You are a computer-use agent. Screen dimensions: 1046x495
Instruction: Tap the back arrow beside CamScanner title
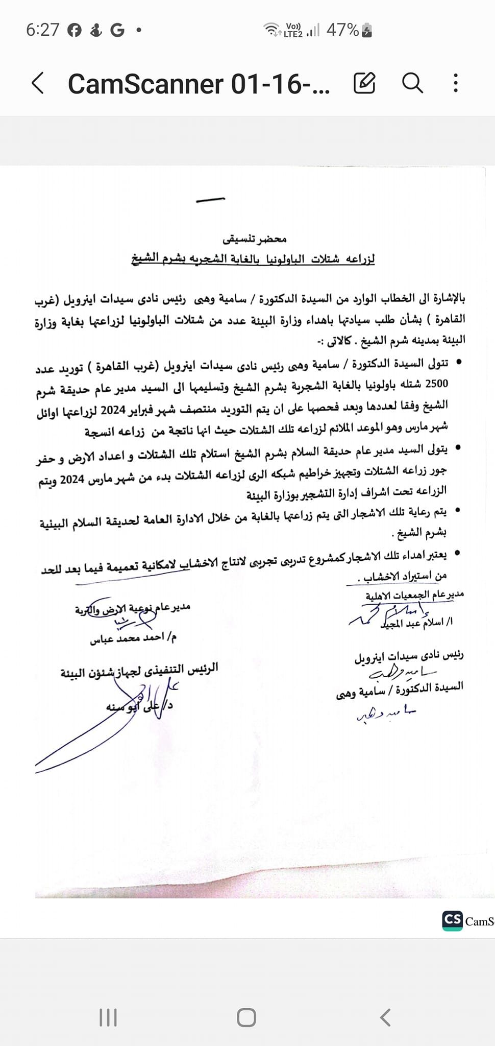[38, 83]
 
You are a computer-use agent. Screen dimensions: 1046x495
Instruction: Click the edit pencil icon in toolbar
[364, 83]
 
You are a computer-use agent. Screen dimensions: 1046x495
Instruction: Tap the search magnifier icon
[412, 83]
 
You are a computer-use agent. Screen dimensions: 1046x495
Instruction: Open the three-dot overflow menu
[456, 83]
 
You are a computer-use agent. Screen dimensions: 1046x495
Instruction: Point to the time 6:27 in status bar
[43, 30]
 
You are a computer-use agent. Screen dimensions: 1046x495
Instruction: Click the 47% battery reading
[342, 30]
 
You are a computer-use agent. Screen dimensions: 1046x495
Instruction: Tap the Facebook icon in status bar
[75, 31]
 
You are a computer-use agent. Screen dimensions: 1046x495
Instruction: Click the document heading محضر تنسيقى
[255, 239]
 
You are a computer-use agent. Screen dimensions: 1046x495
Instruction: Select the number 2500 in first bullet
[436, 384]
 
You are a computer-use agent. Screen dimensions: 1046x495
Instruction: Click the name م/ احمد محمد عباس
[133, 638]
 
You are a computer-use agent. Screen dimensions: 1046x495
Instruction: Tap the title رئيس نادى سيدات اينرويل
[409, 656]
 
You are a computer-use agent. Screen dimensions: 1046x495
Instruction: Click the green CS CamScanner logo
[452, 920]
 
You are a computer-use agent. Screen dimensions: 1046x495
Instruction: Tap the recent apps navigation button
[108, 1018]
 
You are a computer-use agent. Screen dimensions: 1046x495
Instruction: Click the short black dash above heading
[210, 200]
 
